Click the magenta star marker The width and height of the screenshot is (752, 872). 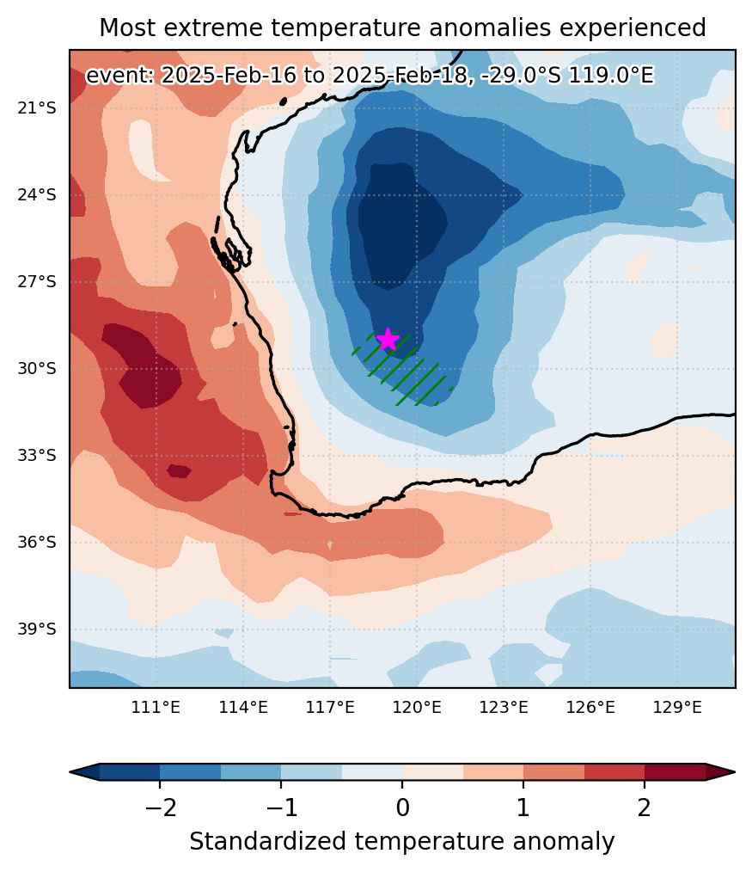tap(388, 339)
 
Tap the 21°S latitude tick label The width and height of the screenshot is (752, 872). tap(37, 107)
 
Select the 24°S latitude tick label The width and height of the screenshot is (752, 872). tap(37, 194)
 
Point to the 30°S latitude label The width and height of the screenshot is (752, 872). tap(37, 368)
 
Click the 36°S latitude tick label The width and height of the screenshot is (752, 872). tap(37, 542)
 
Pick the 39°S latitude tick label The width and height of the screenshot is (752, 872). tap(37, 629)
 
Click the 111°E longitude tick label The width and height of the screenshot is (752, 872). tap(156, 708)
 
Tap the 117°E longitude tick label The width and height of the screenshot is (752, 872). tap(330, 708)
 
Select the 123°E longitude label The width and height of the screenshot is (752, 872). tap(504, 708)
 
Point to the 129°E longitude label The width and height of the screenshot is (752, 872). tap(677, 708)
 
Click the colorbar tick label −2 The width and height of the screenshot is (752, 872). tap(160, 807)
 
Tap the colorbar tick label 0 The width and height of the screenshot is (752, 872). tap(402, 807)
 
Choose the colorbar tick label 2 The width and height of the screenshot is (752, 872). tap(645, 807)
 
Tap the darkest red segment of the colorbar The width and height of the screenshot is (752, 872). tap(675, 772)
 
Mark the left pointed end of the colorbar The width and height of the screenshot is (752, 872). tap(70, 772)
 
